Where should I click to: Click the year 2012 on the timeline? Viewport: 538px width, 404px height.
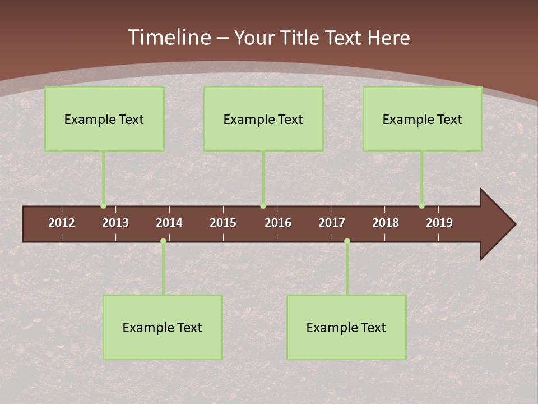point(62,223)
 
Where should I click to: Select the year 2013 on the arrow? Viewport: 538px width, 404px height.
point(115,223)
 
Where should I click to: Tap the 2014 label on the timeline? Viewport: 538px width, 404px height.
point(169,223)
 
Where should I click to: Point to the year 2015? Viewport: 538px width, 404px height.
point(223,223)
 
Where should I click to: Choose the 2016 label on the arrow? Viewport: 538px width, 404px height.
point(278,223)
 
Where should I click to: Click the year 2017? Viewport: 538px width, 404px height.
point(332,223)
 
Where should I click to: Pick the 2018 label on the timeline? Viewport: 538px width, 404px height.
point(386,223)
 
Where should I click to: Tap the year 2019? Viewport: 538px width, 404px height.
point(439,223)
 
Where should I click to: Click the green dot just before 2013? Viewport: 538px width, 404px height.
point(103,206)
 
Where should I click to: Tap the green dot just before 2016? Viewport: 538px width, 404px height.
point(263,206)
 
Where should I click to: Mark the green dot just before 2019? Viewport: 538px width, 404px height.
point(421,206)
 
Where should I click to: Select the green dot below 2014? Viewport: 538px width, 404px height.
point(163,241)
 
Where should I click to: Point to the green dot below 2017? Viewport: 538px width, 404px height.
point(347,241)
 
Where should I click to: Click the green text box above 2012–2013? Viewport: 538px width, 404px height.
point(104,119)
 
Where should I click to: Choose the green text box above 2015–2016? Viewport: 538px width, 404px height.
point(263,119)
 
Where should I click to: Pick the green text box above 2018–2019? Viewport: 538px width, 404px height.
point(423,119)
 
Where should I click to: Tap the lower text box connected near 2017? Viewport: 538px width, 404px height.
point(346,327)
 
